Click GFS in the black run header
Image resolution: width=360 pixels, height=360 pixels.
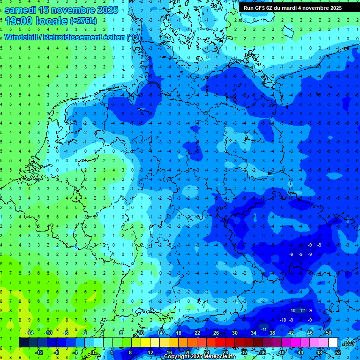click(x=261, y=8)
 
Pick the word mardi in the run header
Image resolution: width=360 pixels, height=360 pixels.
click(x=295, y=8)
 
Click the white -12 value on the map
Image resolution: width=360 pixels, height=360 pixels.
click(x=302, y=311)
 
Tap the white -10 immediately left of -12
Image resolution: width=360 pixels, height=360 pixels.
click(x=292, y=311)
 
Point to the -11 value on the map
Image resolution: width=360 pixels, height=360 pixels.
click(x=264, y=330)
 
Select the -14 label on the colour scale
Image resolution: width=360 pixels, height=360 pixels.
click(x=30, y=333)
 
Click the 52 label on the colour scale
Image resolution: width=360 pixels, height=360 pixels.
click(x=338, y=352)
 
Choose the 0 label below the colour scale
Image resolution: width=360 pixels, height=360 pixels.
click(x=93, y=352)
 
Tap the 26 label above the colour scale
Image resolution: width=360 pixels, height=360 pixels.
click(x=216, y=333)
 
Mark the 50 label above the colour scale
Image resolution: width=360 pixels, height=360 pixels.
click(x=328, y=333)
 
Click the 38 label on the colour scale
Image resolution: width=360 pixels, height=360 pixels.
click(x=272, y=333)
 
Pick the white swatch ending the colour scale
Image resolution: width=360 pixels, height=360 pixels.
click(x=333, y=343)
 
